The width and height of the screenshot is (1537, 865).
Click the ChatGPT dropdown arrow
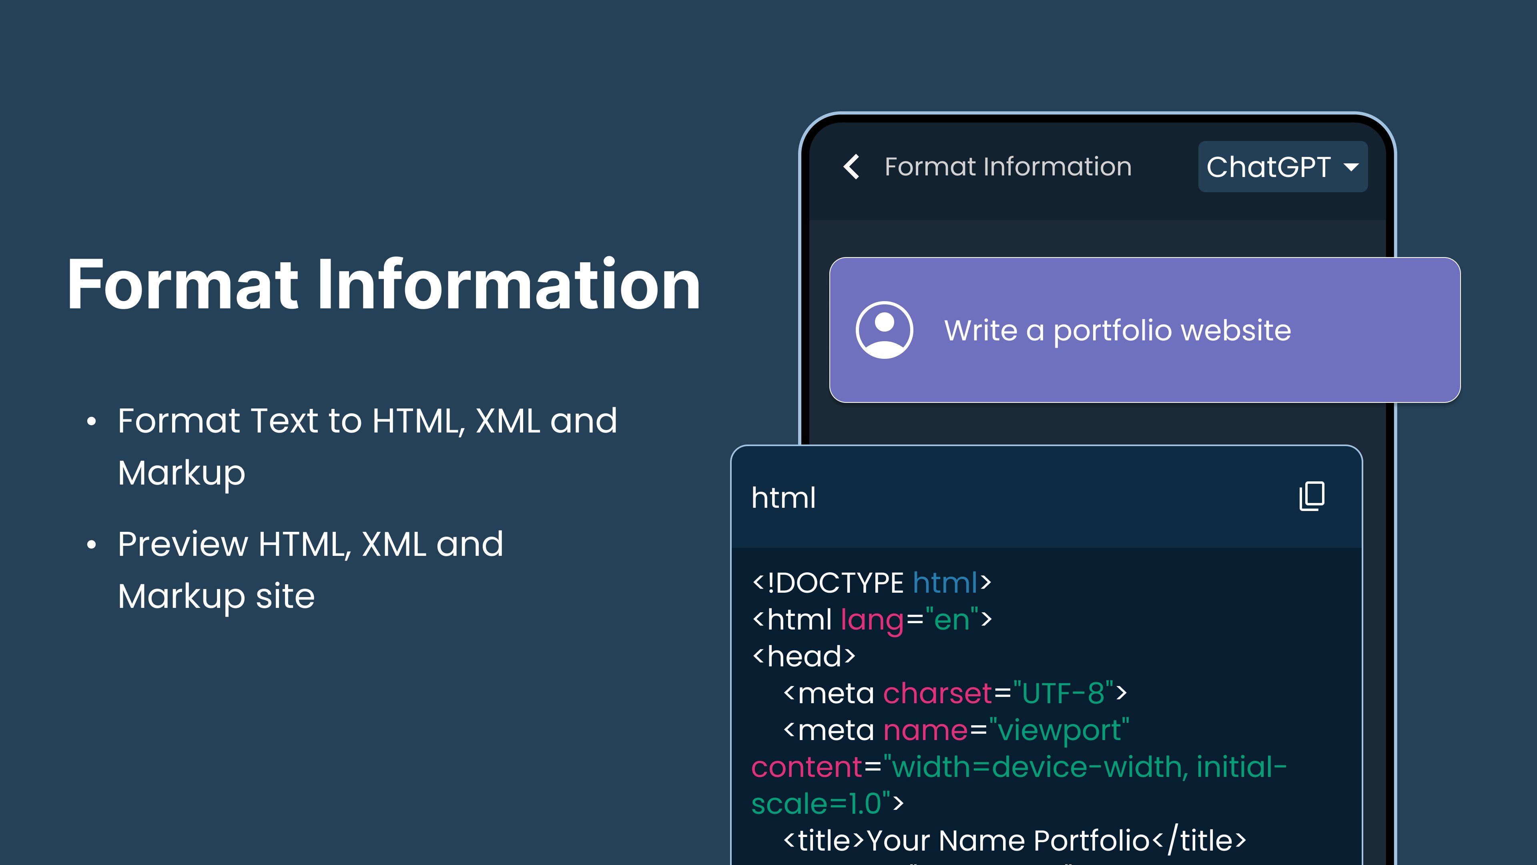pos(1351,167)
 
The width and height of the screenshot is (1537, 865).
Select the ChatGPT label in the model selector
pos(1268,167)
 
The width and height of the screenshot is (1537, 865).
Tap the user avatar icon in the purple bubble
pos(884,330)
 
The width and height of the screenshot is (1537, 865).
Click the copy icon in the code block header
pos(1312,496)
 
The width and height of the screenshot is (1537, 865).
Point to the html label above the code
pos(783,497)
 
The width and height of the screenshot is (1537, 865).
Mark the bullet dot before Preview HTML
pos(91,545)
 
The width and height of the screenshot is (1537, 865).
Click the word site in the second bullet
pos(285,596)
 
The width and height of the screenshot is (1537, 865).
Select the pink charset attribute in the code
pos(937,693)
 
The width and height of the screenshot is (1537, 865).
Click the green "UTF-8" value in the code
pos(1063,693)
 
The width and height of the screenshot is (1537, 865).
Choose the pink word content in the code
pos(807,767)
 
